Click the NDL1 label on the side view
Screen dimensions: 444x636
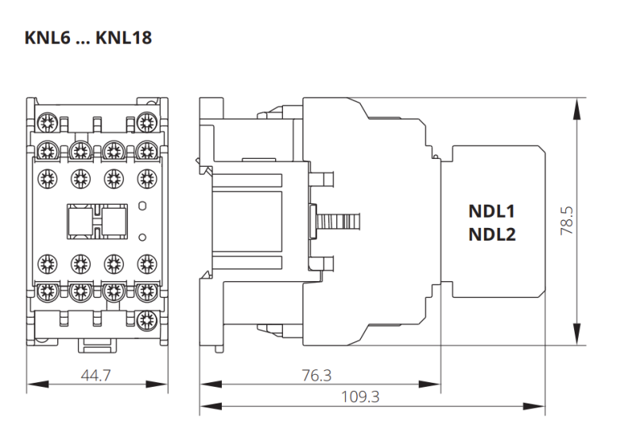tap(493, 212)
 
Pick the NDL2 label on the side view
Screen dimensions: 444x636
tap(493, 234)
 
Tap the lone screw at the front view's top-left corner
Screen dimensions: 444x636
tap(45, 122)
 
